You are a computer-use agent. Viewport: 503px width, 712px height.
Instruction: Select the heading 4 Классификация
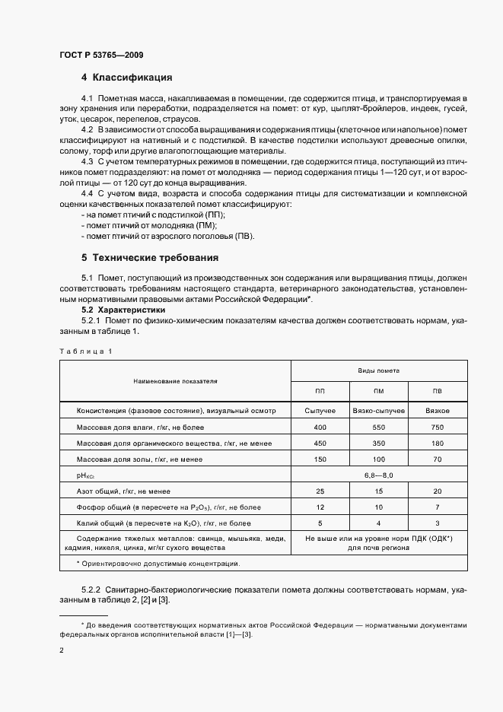click(x=126, y=78)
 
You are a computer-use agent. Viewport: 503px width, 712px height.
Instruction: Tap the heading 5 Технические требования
click(x=150, y=257)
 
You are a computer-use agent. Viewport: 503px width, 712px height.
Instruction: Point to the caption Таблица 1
click(x=85, y=351)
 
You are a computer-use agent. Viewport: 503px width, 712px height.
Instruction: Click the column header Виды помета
click(x=378, y=370)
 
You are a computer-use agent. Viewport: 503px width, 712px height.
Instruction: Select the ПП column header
click(x=320, y=391)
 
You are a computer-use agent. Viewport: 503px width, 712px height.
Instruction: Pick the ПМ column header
click(x=378, y=391)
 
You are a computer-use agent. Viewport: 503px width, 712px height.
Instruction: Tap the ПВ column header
click(x=437, y=391)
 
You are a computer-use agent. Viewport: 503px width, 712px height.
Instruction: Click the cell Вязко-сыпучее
click(x=378, y=411)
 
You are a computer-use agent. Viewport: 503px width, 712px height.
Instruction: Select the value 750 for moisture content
click(x=437, y=428)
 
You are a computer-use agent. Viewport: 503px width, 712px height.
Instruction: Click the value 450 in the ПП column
click(x=320, y=443)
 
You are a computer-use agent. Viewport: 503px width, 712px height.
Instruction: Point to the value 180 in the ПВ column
click(x=437, y=443)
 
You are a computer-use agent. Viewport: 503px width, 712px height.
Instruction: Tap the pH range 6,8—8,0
click(x=378, y=475)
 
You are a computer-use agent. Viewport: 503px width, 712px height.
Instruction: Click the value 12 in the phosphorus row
click(x=320, y=507)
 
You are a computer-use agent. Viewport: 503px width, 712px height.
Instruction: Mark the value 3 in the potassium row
click(x=437, y=523)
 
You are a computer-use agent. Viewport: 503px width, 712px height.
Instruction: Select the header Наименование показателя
click(x=175, y=380)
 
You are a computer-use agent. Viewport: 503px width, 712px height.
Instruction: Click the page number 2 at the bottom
click(x=62, y=651)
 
